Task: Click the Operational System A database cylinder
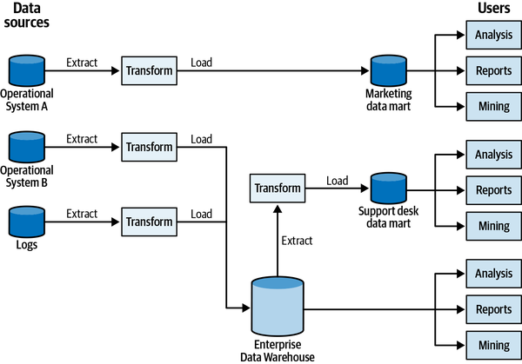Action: [x=26, y=69]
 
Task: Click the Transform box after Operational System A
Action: [x=149, y=70]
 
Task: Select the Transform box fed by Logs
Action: [x=149, y=222]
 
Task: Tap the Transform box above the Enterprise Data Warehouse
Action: [x=278, y=189]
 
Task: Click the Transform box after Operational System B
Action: [x=149, y=147]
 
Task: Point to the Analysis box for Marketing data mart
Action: [x=493, y=36]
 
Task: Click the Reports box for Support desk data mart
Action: [x=493, y=189]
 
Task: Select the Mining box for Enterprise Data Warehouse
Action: [x=493, y=344]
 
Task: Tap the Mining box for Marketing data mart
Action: [x=493, y=106]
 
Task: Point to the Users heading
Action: [x=493, y=9]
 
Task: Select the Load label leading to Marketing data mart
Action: [x=201, y=63]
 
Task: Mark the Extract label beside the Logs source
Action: [x=82, y=214]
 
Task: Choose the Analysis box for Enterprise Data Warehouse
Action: [x=493, y=274]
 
